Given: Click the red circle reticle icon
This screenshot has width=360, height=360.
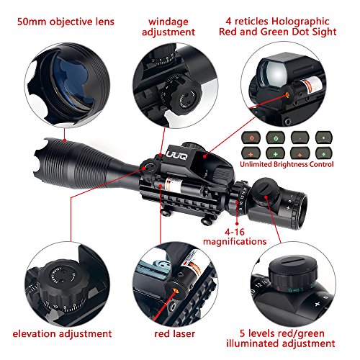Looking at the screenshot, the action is pyautogui.click(x=251, y=138).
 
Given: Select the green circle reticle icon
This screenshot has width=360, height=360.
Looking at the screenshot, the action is pyautogui.click(x=276, y=138).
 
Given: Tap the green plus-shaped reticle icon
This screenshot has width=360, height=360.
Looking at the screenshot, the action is pyautogui.click(x=276, y=153).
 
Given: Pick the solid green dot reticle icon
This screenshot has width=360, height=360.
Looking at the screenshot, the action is pyautogui.click(x=324, y=138).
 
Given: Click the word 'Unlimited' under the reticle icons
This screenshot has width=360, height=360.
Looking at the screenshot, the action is pyautogui.click(x=256, y=164).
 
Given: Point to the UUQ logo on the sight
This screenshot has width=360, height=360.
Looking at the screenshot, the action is pyautogui.click(x=177, y=156).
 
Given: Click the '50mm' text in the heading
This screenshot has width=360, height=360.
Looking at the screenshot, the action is pyautogui.click(x=32, y=22).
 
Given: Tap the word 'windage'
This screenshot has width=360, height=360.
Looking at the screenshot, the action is pyautogui.click(x=168, y=22).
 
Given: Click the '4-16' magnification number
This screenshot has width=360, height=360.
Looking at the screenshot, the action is pyautogui.click(x=235, y=232).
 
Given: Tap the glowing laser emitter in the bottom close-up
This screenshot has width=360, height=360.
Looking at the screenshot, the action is pyautogui.click(x=176, y=291).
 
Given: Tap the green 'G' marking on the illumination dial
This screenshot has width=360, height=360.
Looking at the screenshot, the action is pyautogui.click(x=290, y=291).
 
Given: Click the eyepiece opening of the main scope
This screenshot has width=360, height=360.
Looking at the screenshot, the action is pyautogui.click(x=302, y=211).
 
